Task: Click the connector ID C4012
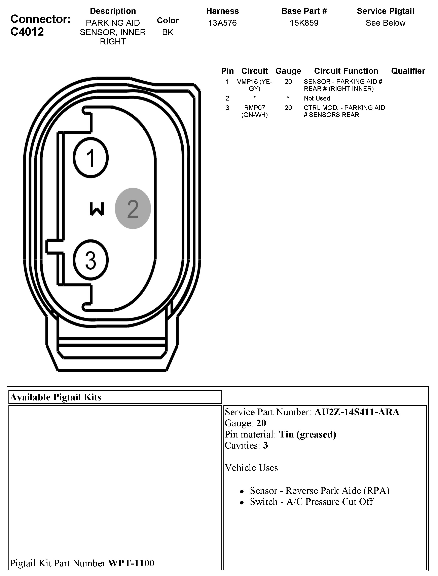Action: pos(27,32)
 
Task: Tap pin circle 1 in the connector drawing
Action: pos(91,158)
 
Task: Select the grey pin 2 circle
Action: pos(133,208)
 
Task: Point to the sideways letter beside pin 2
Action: pos(97,209)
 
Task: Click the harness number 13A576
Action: pos(222,23)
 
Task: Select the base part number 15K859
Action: pos(304,23)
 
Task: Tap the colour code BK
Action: pos(168,32)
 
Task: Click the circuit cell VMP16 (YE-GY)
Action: pos(254,85)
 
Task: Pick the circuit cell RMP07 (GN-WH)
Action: pos(254,111)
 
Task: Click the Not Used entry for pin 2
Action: pos(317,98)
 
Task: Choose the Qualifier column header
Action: pos(408,71)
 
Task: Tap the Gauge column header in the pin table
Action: pos(288,71)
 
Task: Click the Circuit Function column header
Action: pos(346,71)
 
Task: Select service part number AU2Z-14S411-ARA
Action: pos(357,412)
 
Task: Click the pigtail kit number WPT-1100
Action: pos(131,563)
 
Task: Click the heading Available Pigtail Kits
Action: pos(56,397)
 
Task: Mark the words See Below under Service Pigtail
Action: pos(385,23)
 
